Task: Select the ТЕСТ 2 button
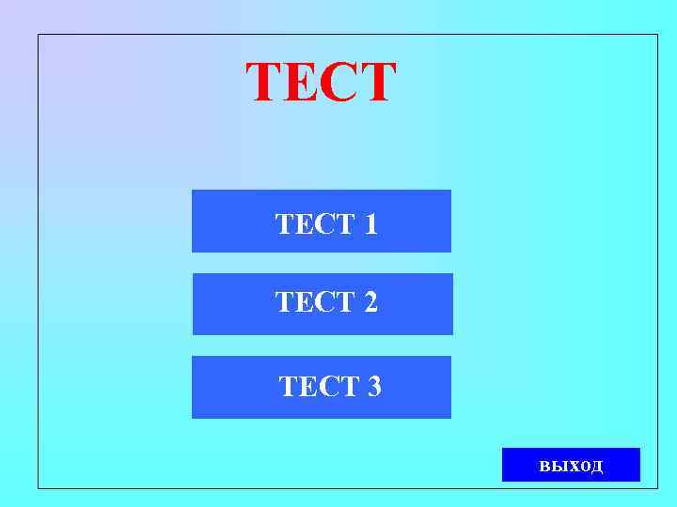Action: coord(323,303)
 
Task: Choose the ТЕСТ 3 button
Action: coord(322,387)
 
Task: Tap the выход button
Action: coord(571,465)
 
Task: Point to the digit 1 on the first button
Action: coord(370,224)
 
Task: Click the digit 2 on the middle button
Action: coord(370,302)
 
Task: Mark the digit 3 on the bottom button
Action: coord(373,387)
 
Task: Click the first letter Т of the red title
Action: coord(266,83)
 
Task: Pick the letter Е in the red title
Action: coord(304,83)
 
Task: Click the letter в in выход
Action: coord(545,466)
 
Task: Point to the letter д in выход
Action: coord(597,467)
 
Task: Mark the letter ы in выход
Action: coord(559,466)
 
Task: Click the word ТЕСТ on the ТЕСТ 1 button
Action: coord(314,224)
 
